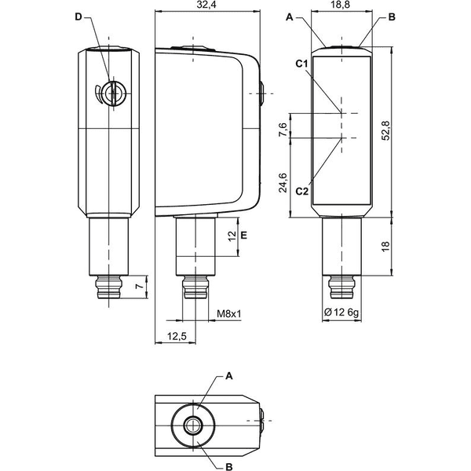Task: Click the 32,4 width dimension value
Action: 208,5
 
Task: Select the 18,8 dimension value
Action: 341,5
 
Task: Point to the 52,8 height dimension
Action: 385,130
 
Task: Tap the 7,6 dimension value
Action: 283,130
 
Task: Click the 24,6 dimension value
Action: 283,183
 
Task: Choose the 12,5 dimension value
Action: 177,337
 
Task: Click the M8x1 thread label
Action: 229,314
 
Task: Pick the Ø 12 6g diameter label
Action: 341,312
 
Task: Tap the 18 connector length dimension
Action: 385,246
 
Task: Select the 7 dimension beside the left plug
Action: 138,287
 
